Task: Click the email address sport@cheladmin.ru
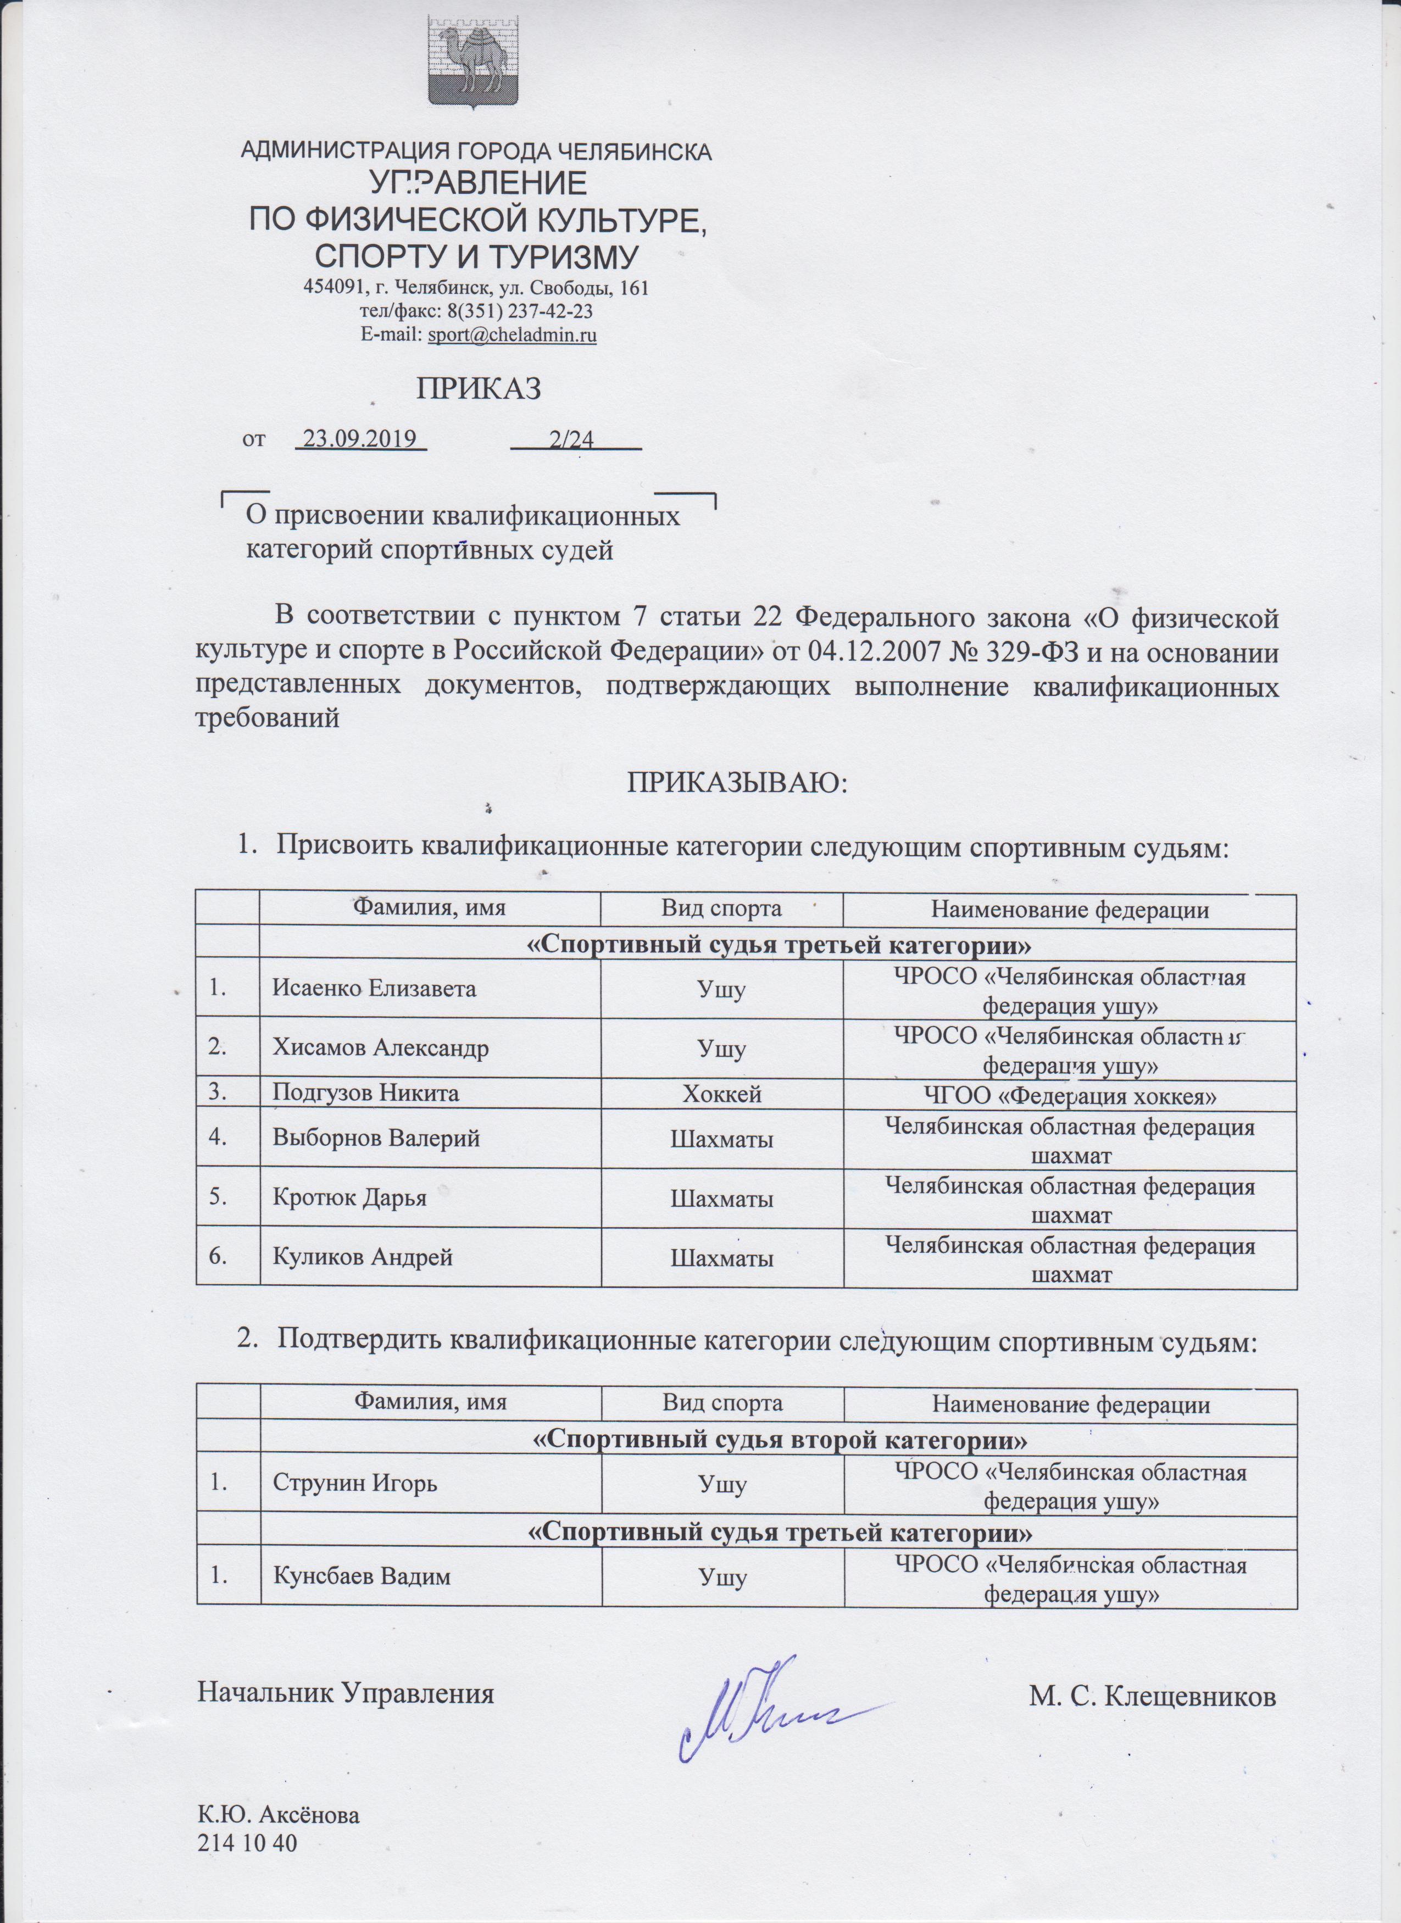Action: pos(512,335)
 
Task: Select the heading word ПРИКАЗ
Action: pos(479,388)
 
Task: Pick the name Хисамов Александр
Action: pos(380,1047)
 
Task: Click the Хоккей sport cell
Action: pos(722,1094)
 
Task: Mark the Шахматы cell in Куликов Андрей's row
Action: pos(722,1259)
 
